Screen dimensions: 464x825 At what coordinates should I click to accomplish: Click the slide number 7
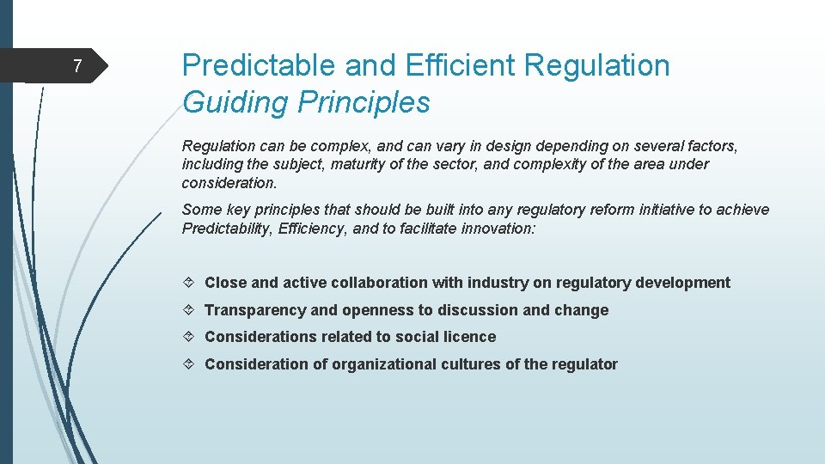pos(76,66)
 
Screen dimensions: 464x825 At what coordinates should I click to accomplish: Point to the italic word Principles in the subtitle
pos(364,102)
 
